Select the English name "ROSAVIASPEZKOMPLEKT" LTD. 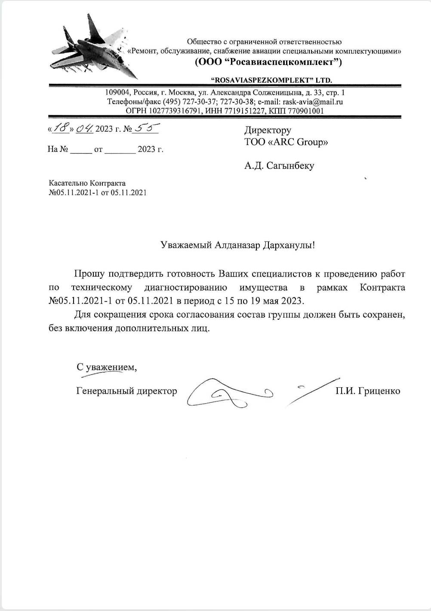coord(271,80)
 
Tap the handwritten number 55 coord(145,128)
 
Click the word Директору coord(268,130)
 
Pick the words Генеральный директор coord(126,391)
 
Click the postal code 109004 coord(117,93)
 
